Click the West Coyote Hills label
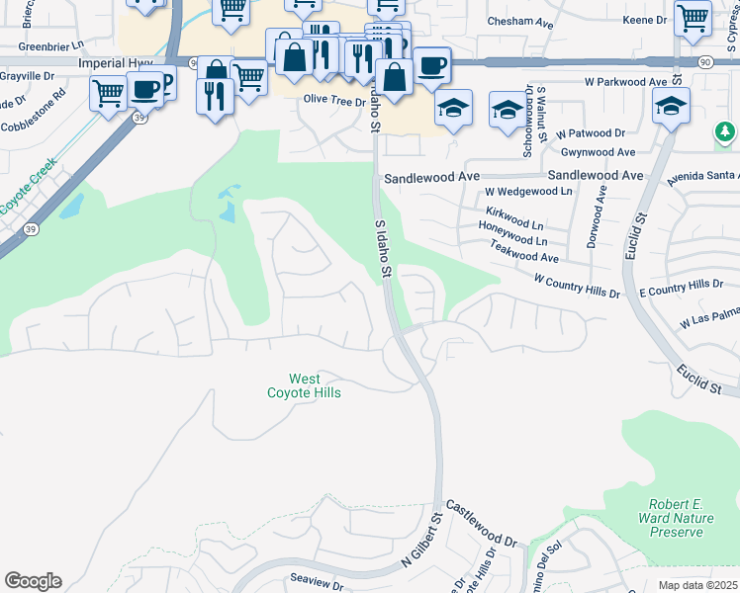coord(304,385)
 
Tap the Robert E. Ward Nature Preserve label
coord(690,518)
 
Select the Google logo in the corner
coord(33,581)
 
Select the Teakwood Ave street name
coord(524,256)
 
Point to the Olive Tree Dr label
coord(334,100)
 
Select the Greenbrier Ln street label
coord(51,45)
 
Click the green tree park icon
coord(725,131)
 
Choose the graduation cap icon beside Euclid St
coord(672,107)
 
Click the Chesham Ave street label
coord(520,20)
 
